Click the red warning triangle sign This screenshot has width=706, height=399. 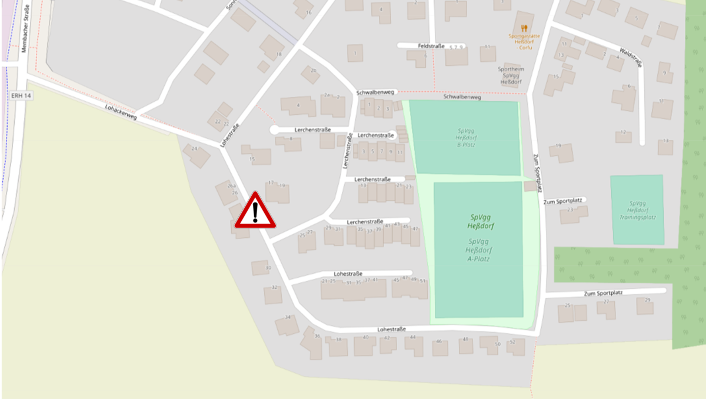255,211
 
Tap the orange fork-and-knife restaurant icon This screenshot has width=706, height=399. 523,27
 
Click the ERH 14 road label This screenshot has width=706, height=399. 20,95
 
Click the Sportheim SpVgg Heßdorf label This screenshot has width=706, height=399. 511,75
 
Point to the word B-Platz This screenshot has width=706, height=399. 465,144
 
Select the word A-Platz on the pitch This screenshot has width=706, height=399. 478,259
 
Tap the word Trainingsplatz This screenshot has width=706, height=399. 637,217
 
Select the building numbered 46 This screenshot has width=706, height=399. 439,347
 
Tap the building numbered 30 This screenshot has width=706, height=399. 261,268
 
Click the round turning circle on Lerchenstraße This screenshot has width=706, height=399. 274,129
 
